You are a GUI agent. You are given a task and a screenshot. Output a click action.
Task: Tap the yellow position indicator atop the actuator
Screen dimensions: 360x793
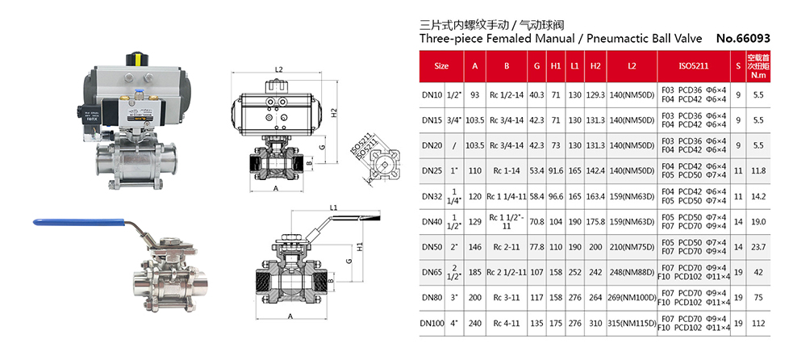tap(137, 58)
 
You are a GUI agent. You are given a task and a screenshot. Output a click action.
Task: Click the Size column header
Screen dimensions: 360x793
tap(441, 65)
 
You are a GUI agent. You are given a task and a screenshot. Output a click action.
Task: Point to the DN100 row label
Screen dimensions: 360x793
tap(432, 324)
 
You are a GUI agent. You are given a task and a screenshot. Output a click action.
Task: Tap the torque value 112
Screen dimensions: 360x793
tap(758, 324)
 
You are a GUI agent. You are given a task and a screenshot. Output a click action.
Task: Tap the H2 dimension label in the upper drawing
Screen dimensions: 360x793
tap(335, 114)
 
